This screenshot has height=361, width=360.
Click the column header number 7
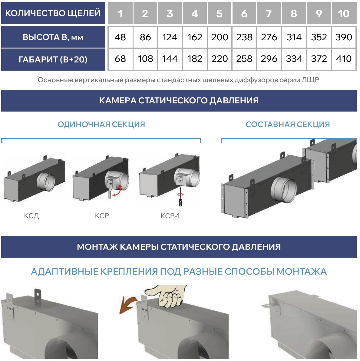269,13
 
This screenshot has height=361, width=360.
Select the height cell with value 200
220,37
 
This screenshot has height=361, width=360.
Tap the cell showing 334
294,59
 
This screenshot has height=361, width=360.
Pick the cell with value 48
120,37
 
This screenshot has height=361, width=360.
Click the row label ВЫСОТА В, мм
53,37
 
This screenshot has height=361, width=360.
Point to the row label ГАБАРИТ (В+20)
53,59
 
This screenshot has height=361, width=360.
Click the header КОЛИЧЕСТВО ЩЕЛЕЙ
53,13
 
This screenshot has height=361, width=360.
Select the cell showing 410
344,59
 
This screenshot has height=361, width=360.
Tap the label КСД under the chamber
31,216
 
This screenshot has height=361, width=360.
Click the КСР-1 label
170,216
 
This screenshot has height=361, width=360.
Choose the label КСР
102,216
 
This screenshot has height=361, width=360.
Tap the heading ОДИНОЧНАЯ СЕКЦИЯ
101,124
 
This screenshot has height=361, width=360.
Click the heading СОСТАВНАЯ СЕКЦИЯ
288,124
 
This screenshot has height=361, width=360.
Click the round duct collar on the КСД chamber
46,182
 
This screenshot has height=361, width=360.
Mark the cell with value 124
170,37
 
